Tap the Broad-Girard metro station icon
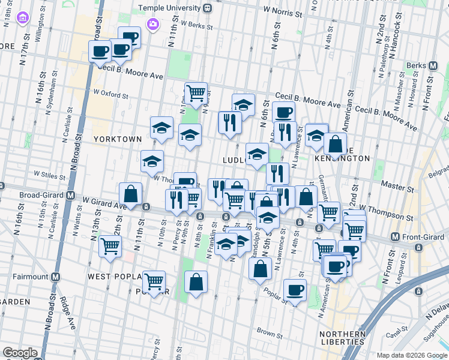70,195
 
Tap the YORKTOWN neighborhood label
118,139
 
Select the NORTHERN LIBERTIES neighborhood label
343,338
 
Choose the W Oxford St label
110,95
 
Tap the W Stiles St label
49,176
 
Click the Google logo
20,353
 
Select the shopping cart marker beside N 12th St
110,245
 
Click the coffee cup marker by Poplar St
294,290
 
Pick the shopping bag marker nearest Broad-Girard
130,194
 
